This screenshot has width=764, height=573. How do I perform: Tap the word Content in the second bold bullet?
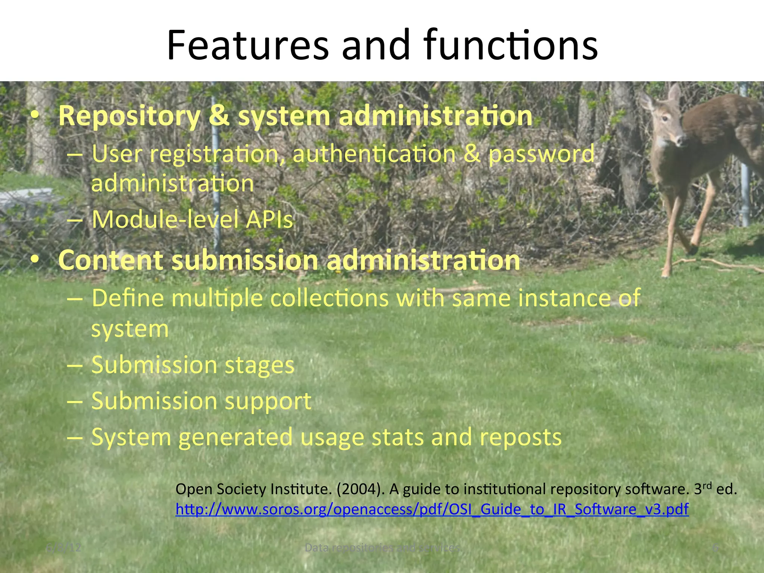[x=110, y=260]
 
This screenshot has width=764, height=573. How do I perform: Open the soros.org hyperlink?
[x=432, y=509]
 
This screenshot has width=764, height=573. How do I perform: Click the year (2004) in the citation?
[x=360, y=489]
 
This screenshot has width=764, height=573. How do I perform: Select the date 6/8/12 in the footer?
[x=63, y=548]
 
